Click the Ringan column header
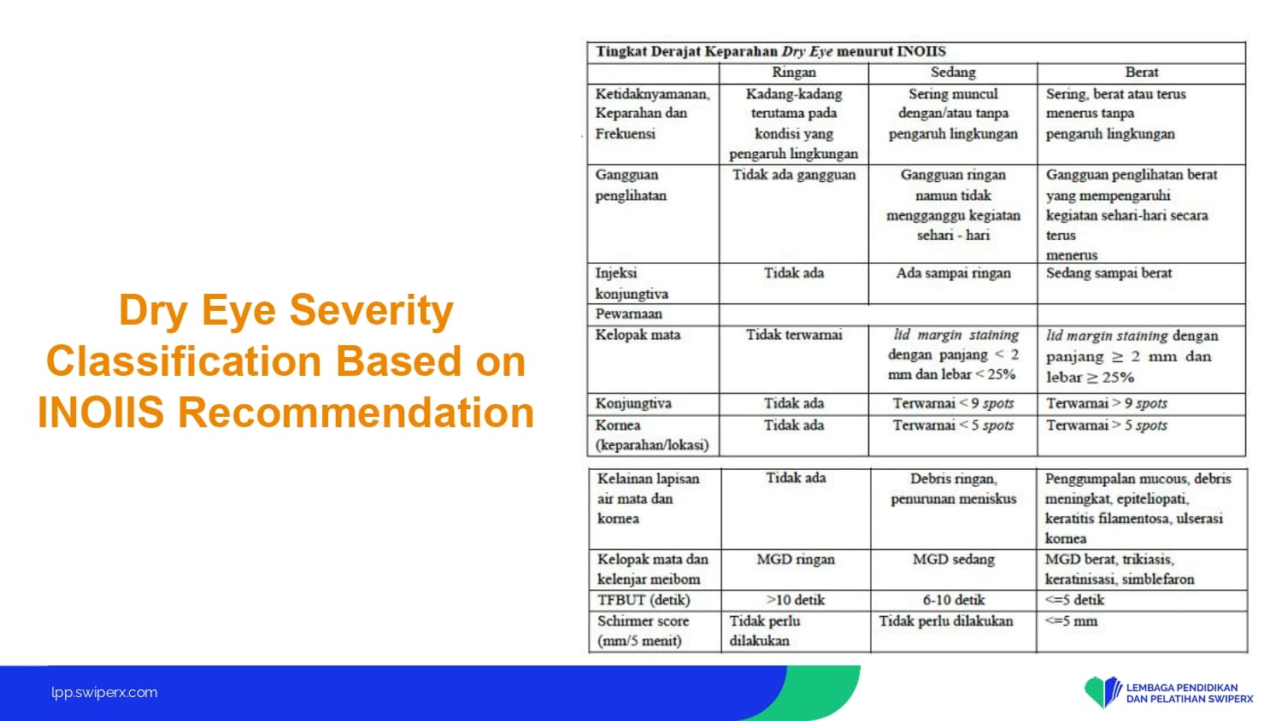793,73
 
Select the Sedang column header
953,73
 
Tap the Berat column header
1141,73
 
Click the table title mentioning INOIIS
770,51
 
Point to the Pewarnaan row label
628,314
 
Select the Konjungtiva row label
633,403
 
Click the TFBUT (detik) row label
644,601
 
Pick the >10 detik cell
796,601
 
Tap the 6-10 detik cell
954,601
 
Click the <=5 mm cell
1071,621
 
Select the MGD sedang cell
954,560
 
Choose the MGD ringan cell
796,560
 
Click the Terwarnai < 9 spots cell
953,403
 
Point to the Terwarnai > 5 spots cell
1106,425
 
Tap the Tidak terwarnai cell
794,336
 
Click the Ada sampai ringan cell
953,273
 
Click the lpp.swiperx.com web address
104,693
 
